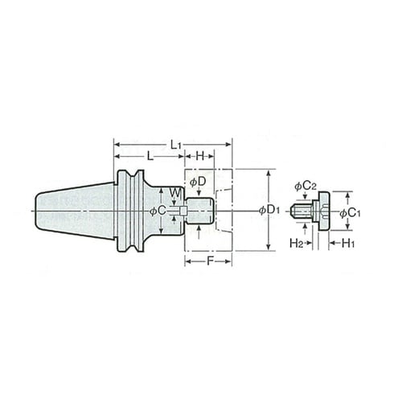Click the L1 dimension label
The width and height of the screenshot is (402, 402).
[176, 146]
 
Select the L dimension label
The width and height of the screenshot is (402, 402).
[150, 156]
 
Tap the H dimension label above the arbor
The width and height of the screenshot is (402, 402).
[200, 156]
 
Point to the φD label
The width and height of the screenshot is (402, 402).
[198, 183]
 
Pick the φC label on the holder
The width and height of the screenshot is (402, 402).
[158, 211]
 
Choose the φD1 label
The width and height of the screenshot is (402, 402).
[269, 210]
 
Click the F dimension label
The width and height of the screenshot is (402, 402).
[210, 261]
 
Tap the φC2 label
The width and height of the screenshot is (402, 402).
[306, 187]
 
